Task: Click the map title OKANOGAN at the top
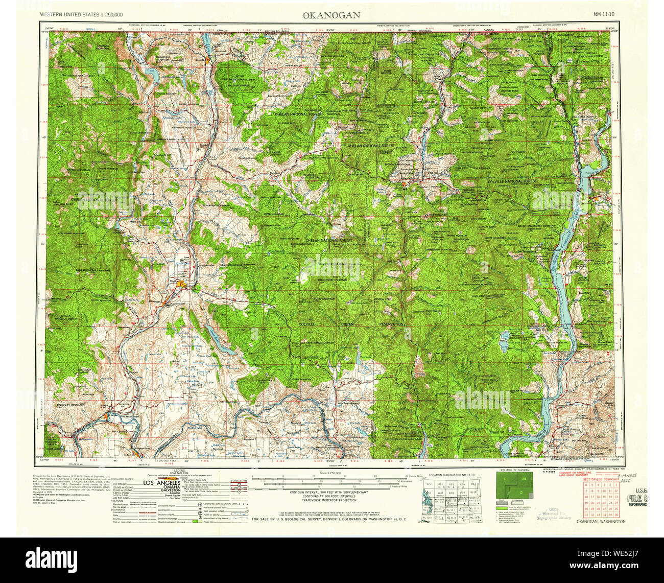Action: tap(331, 15)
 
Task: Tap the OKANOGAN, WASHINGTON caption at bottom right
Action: tap(601, 522)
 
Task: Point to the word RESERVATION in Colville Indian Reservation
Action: tap(391, 324)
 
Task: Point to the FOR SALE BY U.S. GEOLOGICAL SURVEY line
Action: tap(329, 519)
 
